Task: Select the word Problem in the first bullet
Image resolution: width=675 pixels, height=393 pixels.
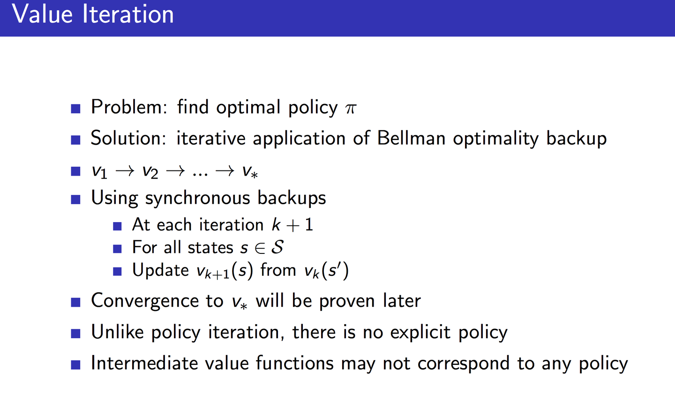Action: point(126,107)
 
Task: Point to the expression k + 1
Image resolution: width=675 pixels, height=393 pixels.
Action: point(292,225)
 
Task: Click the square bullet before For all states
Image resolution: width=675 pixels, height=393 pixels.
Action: point(118,248)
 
